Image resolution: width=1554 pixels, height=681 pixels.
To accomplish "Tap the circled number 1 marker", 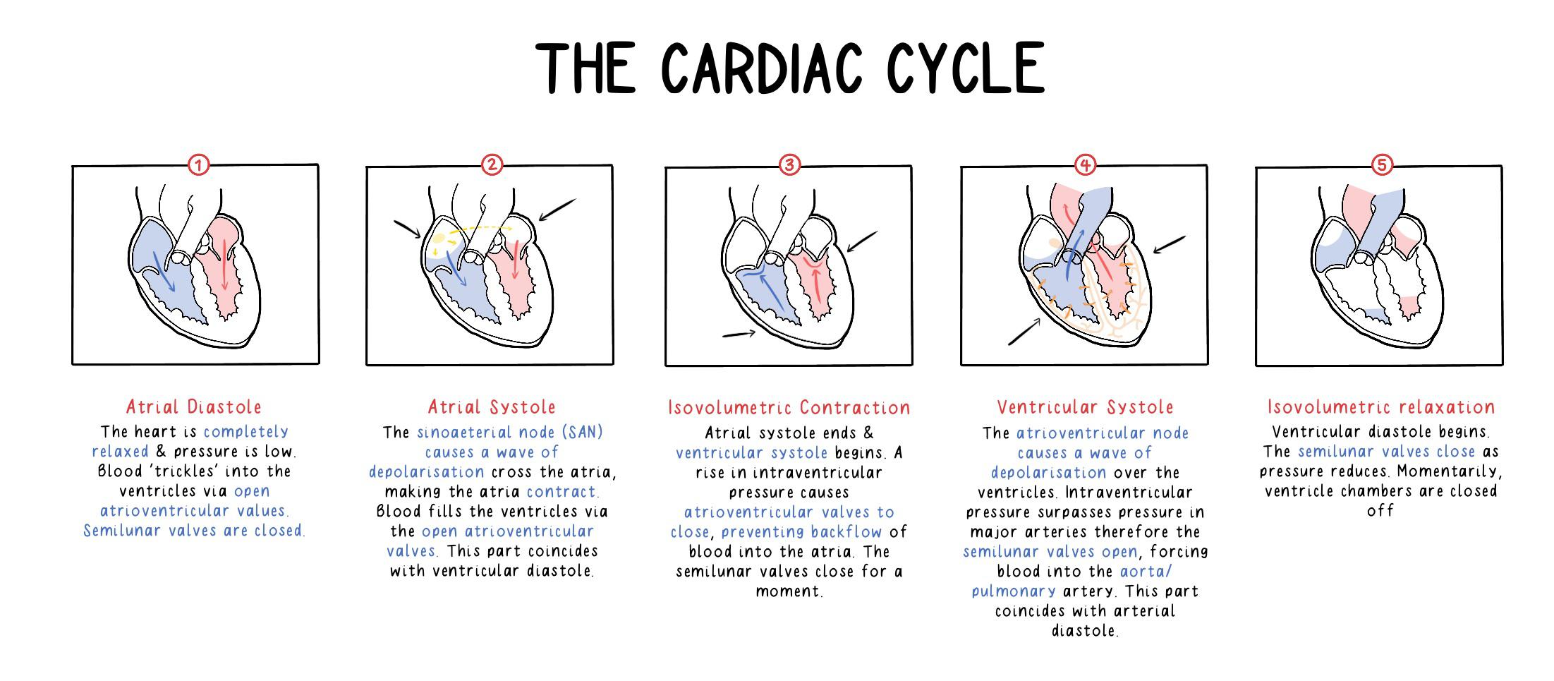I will tap(199, 165).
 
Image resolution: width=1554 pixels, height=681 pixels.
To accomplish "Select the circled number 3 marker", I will tap(789, 165).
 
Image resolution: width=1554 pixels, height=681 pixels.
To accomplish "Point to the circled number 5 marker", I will tap(1381, 165).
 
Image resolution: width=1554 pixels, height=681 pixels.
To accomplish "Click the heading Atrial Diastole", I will tap(194, 407).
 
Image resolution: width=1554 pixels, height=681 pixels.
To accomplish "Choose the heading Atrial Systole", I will tap(492, 407).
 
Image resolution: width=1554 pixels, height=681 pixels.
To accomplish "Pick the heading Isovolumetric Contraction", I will tap(789, 408).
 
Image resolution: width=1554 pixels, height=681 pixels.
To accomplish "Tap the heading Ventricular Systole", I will tap(1085, 407).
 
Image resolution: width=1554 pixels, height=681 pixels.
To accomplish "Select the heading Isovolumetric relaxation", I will tap(1381, 407).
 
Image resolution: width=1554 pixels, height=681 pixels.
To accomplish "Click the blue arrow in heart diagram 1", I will tap(164, 272).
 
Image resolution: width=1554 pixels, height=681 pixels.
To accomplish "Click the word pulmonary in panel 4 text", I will tap(1013, 591).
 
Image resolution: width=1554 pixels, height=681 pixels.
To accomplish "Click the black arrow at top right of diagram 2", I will tap(557, 210).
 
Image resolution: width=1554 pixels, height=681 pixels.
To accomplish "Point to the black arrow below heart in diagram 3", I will tap(739, 334).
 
